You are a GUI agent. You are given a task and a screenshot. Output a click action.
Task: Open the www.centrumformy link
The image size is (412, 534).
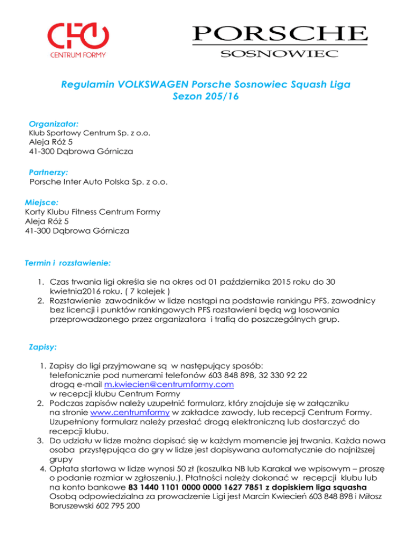(x=131, y=413)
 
